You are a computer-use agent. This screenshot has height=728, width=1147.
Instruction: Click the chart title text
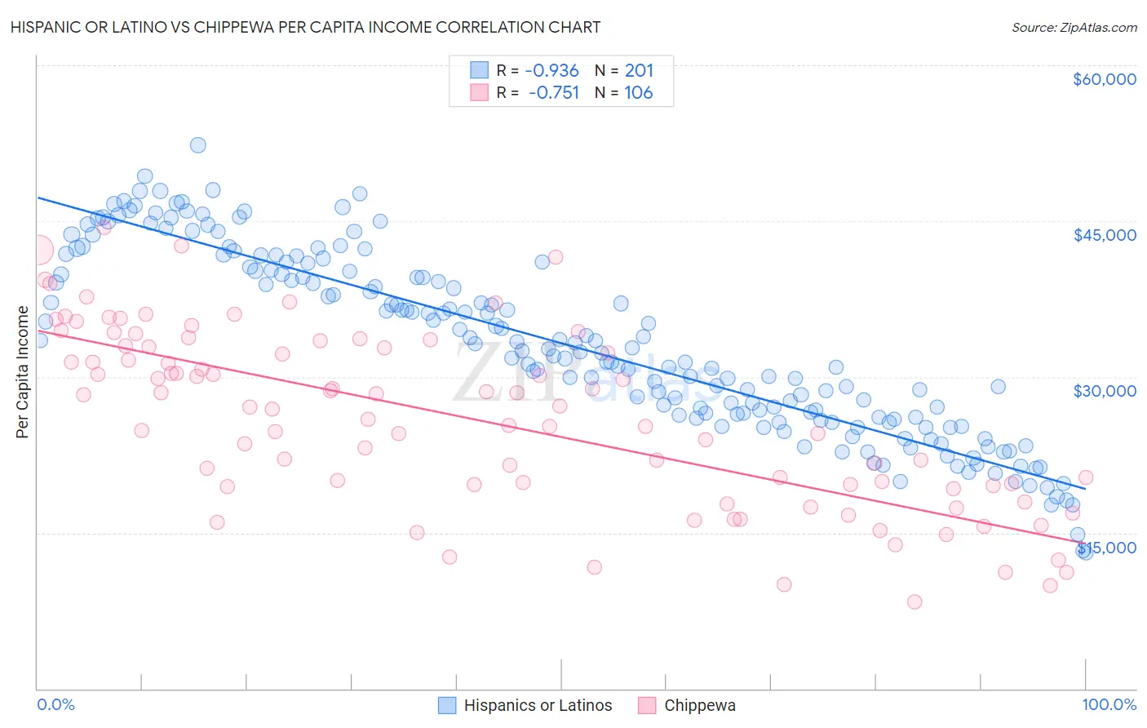305,27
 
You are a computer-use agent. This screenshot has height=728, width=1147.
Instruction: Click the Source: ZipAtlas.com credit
1074,27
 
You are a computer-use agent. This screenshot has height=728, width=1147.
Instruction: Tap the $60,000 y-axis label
1104,79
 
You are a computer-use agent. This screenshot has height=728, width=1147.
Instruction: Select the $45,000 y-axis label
1104,235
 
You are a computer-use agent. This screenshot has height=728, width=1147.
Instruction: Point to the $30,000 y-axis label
1104,391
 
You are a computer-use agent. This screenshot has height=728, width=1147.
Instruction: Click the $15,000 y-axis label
1108,548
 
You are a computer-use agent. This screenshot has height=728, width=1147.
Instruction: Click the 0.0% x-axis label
55,704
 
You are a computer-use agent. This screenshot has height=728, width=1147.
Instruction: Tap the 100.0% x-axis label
1109,704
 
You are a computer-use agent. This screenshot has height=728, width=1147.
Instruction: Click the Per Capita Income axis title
22,371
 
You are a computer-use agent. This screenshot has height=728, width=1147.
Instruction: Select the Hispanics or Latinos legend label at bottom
538,705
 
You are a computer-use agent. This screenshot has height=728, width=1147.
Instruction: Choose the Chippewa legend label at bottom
700,705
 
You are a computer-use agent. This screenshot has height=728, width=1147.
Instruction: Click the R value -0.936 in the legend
552,71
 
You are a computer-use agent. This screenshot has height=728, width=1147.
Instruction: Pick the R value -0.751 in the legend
554,93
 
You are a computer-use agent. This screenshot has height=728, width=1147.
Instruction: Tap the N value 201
639,71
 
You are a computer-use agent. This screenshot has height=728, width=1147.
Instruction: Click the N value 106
639,93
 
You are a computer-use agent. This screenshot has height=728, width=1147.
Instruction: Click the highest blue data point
197,145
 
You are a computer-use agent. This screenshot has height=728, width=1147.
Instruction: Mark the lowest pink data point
914,602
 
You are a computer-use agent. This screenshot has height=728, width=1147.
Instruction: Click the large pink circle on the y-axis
38,250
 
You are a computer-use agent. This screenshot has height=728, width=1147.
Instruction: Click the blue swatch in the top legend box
479,71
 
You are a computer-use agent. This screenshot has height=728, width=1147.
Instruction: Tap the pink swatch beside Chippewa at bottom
647,705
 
